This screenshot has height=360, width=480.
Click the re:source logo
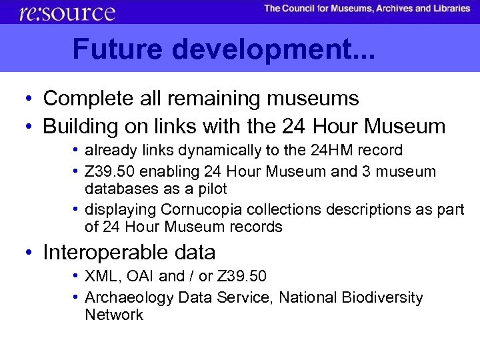point(67,12)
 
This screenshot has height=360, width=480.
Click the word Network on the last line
point(113,315)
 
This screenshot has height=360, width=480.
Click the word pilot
point(209,189)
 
